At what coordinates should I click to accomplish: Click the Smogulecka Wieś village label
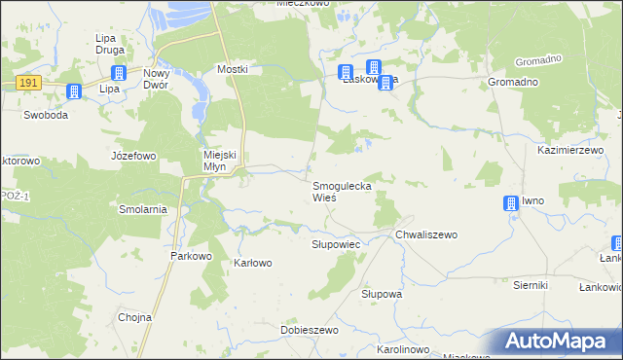[x=341, y=191]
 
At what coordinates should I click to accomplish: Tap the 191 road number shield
[x=27, y=85]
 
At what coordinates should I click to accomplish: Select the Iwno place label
[x=532, y=200]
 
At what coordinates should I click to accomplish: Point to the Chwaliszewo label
[x=425, y=234]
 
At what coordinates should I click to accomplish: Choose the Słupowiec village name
[x=336, y=243]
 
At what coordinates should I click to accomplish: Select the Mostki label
[x=233, y=69]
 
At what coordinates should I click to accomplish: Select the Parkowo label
[x=191, y=256]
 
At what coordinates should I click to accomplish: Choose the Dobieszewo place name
[x=309, y=331]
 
